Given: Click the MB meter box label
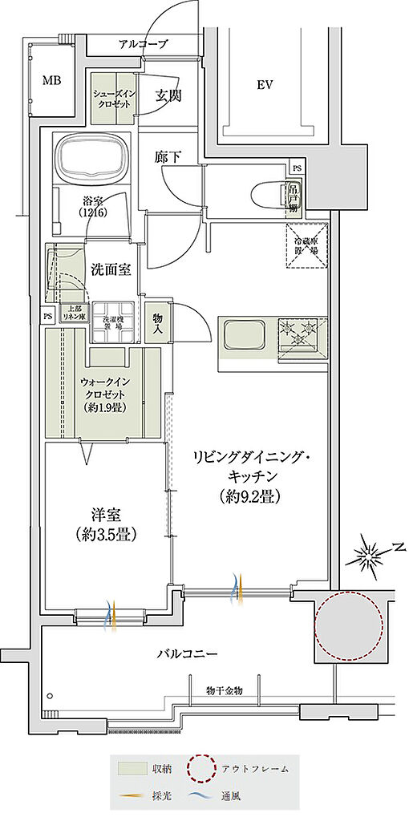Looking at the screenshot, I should [51, 79].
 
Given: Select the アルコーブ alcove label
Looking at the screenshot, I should [143, 45].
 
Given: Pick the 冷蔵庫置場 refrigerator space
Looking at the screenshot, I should [307, 239].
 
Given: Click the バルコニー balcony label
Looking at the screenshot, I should [186, 654].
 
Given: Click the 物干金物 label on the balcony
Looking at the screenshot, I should [224, 690].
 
